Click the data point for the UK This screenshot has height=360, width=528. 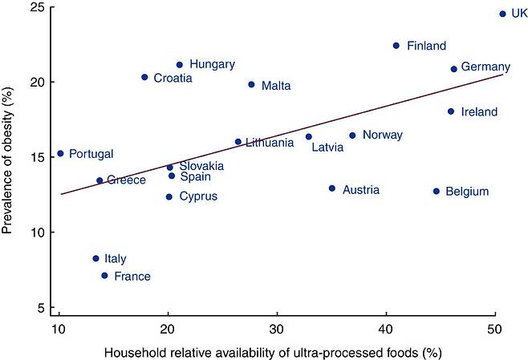(502, 14)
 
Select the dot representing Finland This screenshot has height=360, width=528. (396, 46)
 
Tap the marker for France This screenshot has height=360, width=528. (104, 276)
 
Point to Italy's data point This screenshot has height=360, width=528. (96, 258)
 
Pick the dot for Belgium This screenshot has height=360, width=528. (437, 191)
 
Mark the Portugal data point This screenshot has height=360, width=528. (60, 153)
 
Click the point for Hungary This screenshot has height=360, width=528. (180, 65)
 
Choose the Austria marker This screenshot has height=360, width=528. (332, 188)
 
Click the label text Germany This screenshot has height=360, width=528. (485, 67)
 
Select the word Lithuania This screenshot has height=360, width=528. (269, 143)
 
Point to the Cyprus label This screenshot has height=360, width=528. (197, 196)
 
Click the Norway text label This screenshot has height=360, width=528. (382, 135)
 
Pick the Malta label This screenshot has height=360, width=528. (275, 85)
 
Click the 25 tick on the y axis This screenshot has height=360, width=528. (39, 8)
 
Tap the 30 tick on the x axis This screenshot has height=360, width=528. (277, 329)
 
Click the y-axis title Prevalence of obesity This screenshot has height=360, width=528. (10, 160)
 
